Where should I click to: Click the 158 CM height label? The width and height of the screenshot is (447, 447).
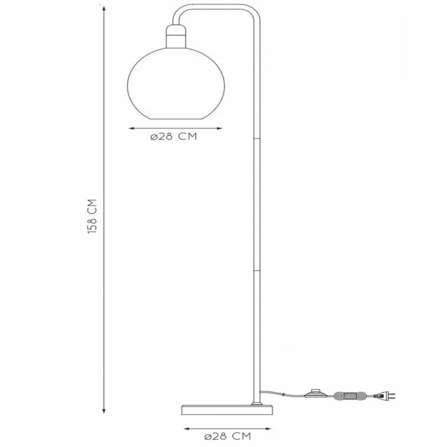[92, 216]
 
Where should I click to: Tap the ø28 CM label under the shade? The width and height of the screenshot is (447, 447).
[174, 136]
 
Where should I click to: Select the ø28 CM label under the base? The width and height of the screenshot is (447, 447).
[227, 436]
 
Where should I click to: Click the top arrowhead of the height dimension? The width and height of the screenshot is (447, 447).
[104, 9]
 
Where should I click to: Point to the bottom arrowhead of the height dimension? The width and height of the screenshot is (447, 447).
[104, 411]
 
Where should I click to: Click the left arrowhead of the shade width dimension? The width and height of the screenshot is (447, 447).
[131, 129]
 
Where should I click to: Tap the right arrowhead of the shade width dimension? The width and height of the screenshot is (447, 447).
[219, 129]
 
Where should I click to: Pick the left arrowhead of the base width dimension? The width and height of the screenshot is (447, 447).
[187, 429]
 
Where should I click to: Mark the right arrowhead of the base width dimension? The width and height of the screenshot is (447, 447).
[268, 429]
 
